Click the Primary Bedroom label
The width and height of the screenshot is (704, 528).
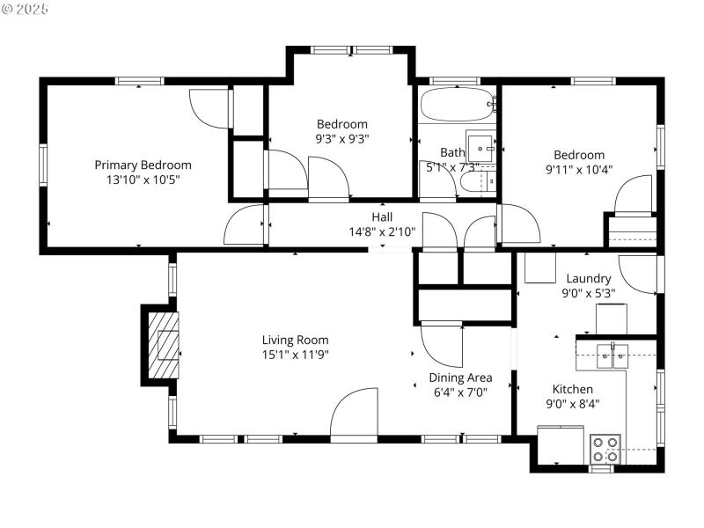[x=143, y=165]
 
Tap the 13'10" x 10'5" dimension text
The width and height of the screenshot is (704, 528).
[x=143, y=180]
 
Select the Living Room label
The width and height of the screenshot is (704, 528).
[x=295, y=340]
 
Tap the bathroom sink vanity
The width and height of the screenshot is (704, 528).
[x=481, y=143]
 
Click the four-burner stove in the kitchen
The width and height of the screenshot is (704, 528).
[x=605, y=449]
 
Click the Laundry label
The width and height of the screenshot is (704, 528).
[x=589, y=279]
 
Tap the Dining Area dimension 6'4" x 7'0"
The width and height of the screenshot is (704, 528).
[x=460, y=392]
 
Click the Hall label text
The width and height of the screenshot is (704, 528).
[x=382, y=217]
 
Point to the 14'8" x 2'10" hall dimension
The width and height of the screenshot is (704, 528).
[x=382, y=232]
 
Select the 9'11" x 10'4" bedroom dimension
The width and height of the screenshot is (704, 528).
[x=579, y=170]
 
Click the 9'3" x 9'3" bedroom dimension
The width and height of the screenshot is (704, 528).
[x=341, y=138]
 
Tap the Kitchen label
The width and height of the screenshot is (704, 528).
[x=572, y=389]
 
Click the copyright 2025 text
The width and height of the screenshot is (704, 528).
[x=26, y=9]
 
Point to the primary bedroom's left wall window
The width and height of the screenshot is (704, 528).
[x=43, y=166]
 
